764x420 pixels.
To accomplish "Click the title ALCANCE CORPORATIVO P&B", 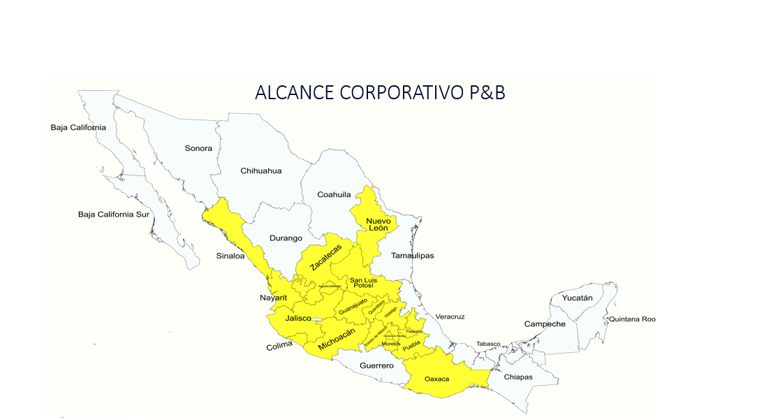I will pos(380,92).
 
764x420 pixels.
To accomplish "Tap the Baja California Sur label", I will pos(114,214).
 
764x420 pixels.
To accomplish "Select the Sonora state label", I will pos(198,148).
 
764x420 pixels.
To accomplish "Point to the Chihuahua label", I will pos(261,171).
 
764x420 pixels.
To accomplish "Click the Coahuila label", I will pos(334,194).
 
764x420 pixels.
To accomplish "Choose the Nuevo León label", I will pos(378,224).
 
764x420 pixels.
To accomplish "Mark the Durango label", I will pos(286,238).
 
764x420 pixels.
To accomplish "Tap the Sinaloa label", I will pos(230,256).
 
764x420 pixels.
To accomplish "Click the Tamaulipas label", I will pos(412,255).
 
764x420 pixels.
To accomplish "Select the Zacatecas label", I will pos(326,258).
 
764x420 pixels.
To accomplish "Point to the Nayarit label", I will pos(274,298).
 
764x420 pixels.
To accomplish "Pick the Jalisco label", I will pos(298,318).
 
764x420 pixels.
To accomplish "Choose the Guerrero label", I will pos(376,365).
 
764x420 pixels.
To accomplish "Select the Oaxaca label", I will pos(437,379).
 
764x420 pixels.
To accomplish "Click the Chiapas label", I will pos(518,377).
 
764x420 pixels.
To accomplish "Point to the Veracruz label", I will pos(450,317).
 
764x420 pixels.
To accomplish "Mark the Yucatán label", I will pos(577,298).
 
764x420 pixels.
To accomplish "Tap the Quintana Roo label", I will pos(632,319).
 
